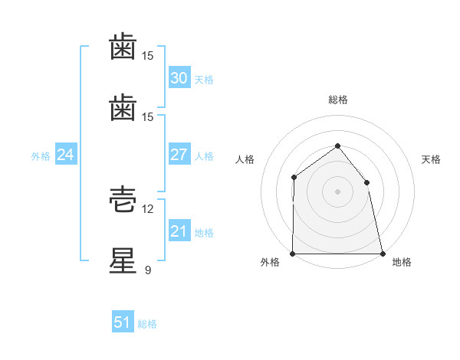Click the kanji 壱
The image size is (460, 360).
click(123, 199)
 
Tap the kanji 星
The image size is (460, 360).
click(123, 260)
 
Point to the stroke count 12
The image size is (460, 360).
click(147, 209)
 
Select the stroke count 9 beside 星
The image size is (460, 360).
click(148, 270)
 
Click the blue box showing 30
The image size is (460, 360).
click(179, 77)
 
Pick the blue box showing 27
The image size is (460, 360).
click(179, 154)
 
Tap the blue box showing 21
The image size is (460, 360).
click(179, 230)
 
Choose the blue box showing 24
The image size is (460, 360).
click(66, 154)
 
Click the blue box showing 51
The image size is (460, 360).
click(123, 321)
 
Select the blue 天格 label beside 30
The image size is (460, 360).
click(204, 80)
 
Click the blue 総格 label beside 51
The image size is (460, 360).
click(147, 324)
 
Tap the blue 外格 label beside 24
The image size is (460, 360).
click(41, 156)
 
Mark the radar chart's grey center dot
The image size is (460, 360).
click(337, 191)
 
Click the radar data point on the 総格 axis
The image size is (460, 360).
click(337, 146)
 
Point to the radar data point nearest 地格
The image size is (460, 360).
click(383, 254)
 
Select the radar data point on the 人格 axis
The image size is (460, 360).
click(294, 178)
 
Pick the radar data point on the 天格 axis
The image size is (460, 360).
click(366, 182)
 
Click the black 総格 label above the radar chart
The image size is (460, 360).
click(338, 100)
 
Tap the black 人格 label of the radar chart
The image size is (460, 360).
click(245, 159)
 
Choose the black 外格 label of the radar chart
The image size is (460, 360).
click(270, 262)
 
